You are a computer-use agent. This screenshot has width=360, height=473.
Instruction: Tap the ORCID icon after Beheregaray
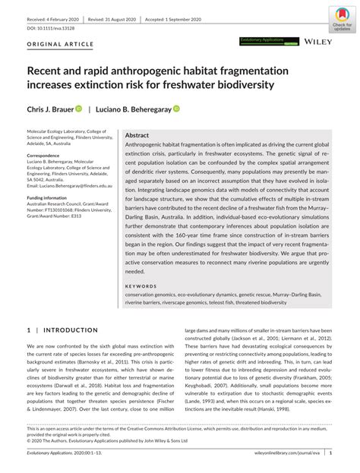click(x=176, y=109)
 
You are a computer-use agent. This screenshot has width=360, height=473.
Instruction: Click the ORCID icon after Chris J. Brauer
click(x=77, y=109)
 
